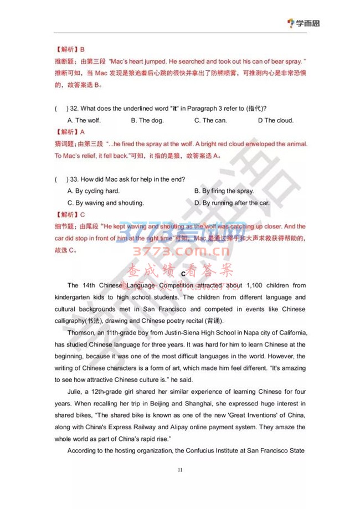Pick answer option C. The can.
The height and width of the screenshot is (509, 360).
[x=210, y=120]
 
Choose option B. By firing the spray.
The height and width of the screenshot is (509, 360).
[x=224, y=191]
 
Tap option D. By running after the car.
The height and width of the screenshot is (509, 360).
[x=232, y=203]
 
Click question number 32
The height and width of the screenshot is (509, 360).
[x=73, y=108]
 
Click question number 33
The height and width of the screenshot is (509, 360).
[x=73, y=179]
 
